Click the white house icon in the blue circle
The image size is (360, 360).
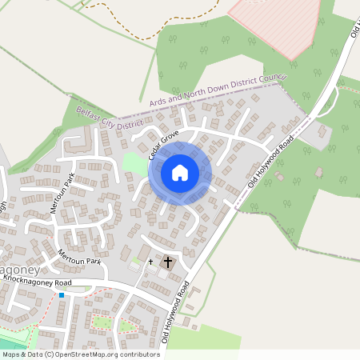180,172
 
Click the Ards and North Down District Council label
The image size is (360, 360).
218,90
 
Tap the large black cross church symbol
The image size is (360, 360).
168,262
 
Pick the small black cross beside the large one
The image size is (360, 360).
150,261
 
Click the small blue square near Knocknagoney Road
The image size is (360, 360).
62,295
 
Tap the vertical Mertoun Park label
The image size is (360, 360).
56,193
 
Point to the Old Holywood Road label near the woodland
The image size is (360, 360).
270,162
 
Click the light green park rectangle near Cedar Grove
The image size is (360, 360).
134,164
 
